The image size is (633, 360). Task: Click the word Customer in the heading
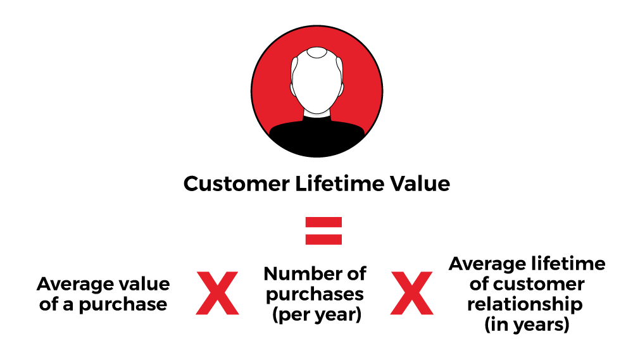237,183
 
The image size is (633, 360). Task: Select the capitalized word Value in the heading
420,183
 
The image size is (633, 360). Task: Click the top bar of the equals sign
323,222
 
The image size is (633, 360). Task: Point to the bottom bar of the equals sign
323,239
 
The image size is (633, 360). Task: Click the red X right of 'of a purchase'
217,293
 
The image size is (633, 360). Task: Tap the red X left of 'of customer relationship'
412,293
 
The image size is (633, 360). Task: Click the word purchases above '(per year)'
315,295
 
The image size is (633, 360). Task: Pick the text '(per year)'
316,315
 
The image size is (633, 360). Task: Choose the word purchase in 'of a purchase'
123,305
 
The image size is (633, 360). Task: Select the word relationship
525,304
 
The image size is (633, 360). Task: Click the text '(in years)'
527,325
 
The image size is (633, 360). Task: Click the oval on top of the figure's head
316,53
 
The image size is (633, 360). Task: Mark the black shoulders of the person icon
317,137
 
